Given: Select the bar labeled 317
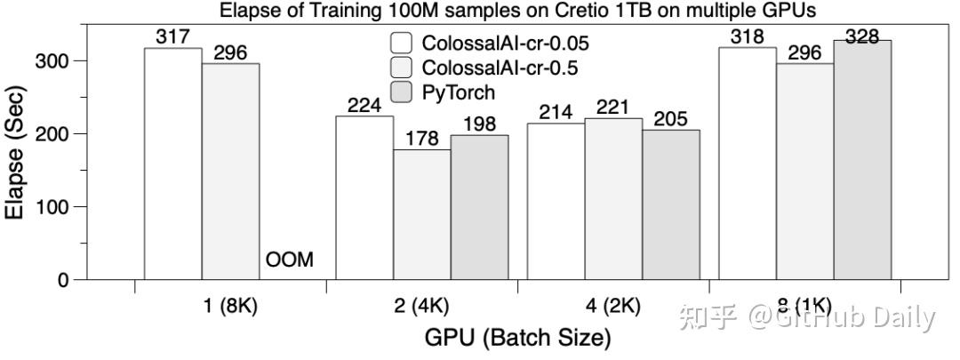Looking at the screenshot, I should point(172,164).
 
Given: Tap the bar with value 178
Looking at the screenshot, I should point(421,214).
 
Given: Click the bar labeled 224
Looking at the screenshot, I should point(364,197).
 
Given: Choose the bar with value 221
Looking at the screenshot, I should point(613,198).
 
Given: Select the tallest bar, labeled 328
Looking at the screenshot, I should point(862,160).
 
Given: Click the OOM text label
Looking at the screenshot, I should point(289,261).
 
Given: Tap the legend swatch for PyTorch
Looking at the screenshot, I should point(401,92).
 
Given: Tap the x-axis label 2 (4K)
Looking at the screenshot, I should point(421,307).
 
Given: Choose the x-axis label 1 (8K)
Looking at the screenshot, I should point(229,307).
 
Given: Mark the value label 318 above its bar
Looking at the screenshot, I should point(747,37).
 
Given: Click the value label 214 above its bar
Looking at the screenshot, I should point(556,113).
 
